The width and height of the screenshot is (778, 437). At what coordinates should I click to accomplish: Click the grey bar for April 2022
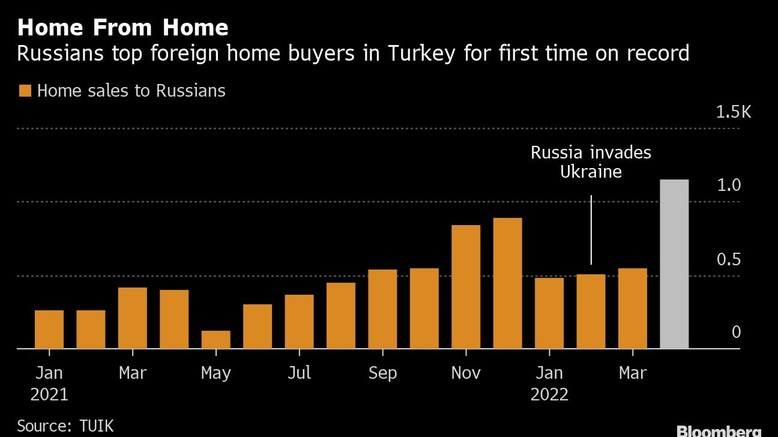pyautogui.click(x=674, y=264)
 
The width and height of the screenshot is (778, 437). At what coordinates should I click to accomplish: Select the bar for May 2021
pyautogui.click(x=216, y=340)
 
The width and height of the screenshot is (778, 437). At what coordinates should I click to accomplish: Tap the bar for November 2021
pyautogui.click(x=465, y=287)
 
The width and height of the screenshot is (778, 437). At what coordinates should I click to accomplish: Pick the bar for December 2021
pyautogui.click(x=507, y=283)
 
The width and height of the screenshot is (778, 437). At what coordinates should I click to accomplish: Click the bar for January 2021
pyautogui.click(x=49, y=330)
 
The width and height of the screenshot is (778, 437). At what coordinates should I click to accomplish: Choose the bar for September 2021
pyautogui.click(x=382, y=309)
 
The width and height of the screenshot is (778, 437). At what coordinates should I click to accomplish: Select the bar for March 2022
pyautogui.click(x=632, y=309)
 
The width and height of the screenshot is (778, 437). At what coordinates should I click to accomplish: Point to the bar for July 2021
pyautogui.click(x=299, y=322)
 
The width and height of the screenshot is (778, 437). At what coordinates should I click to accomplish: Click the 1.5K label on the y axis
pyautogui.click(x=734, y=112)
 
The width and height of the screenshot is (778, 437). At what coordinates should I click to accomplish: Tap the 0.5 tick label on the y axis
pyautogui.click(x=729, y=260)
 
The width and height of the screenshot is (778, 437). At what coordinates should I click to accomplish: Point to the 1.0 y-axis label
pyautogui.click(x=729, y=185)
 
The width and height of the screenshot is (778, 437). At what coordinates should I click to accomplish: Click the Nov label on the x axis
pyautogui.click(x=465, y=373)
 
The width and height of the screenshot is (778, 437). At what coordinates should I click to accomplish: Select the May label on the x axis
pyautogui.click(x=216, y=373)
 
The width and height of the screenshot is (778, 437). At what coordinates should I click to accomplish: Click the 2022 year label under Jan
pyautogui.click(x=549, y=395)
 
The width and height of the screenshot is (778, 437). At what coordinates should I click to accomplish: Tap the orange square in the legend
pyautogui.click(x=25, y=91)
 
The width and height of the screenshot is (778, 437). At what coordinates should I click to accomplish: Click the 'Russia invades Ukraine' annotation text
pyautogui.click(x=591, y=161)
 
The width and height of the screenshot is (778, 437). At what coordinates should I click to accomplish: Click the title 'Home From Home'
pyautogui.click(x=122, y=28)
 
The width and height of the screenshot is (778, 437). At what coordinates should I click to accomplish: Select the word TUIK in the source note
pyautogui.click(x=96, y=426)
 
